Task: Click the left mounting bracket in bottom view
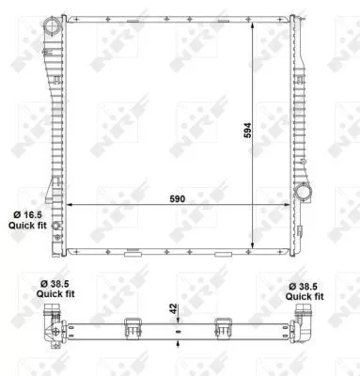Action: click(x=133, y=327)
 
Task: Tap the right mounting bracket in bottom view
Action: click(x=224, y=327)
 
